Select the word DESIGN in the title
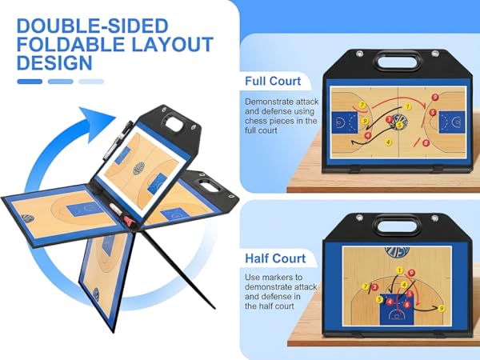point(54,64)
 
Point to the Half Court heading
point(275,258)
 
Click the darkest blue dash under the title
point(30,81)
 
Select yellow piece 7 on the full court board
point(363,106)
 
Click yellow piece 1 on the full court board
point(407,106)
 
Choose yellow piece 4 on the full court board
point(388,142)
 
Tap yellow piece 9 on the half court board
point(442,308)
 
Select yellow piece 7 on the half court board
point(366,286)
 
